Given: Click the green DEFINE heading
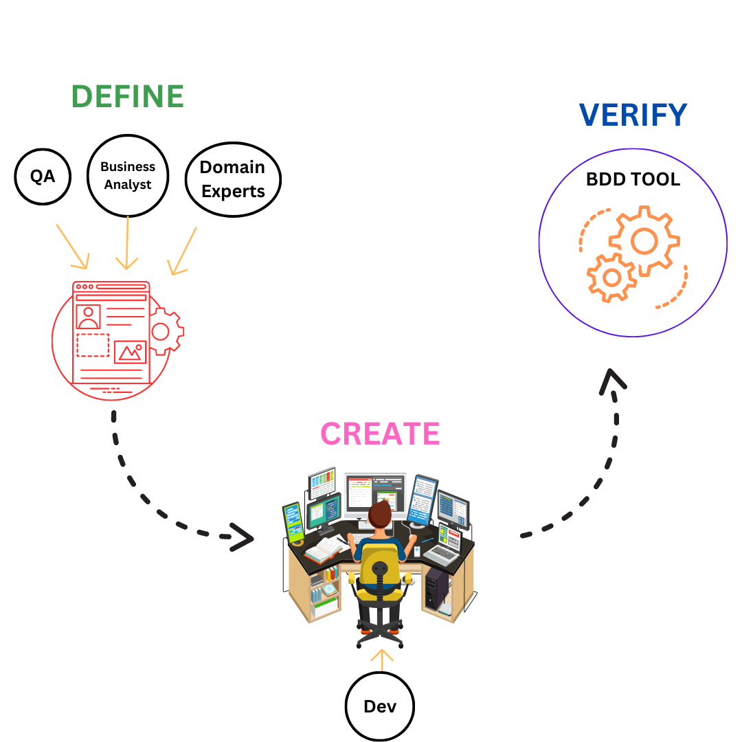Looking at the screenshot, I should pyautogui.click(x=128, y=97).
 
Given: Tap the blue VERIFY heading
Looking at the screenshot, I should pyautogui.click(x=633, y=115).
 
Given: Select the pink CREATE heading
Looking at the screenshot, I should pyautogui.click(x=380, y=434).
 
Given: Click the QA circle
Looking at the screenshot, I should pyautogui.click(x=43, y=177).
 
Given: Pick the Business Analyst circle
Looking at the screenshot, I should pyautogui.click(x=128, y=176).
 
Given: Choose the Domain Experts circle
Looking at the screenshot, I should pyautogui.click(x=233, y=179).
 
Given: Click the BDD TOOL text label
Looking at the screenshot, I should pyautogui.click(x=633, y=180).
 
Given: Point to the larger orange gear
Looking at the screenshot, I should pyautogui.click(x=644, y=241).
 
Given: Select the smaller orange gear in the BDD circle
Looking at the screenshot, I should pyautogui.click(x=611, y=278).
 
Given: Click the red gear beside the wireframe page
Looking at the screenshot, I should pyautogui.click(x=164, y=332).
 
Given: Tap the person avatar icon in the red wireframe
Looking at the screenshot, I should pyautogui.click(x=89, y=317).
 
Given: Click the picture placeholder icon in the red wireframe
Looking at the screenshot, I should pyautogui.click(x=130, y=352).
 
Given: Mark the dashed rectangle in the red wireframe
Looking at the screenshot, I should pyautogui.click(x=93, y=345).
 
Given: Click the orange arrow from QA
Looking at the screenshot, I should pyautogui.click(x=72, y=246).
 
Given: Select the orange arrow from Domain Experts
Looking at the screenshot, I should pyautogui.click(x=183, y=251).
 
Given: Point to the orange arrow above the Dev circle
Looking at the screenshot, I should pyautogui.click(x=381, y=659).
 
